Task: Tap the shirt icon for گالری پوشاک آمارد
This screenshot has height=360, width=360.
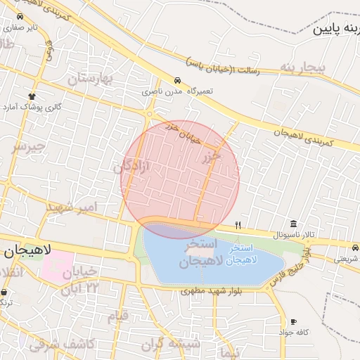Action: coord(32,96)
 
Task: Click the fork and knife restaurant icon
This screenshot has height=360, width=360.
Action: coord(238,225)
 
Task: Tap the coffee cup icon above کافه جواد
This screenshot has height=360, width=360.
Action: coord(293,321)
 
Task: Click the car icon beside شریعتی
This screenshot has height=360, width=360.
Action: coord(356,248)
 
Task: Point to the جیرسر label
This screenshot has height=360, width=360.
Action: coord(28,146)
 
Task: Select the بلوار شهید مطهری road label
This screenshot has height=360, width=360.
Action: coord(211,290)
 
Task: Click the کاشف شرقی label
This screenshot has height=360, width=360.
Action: coord(56,344)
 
